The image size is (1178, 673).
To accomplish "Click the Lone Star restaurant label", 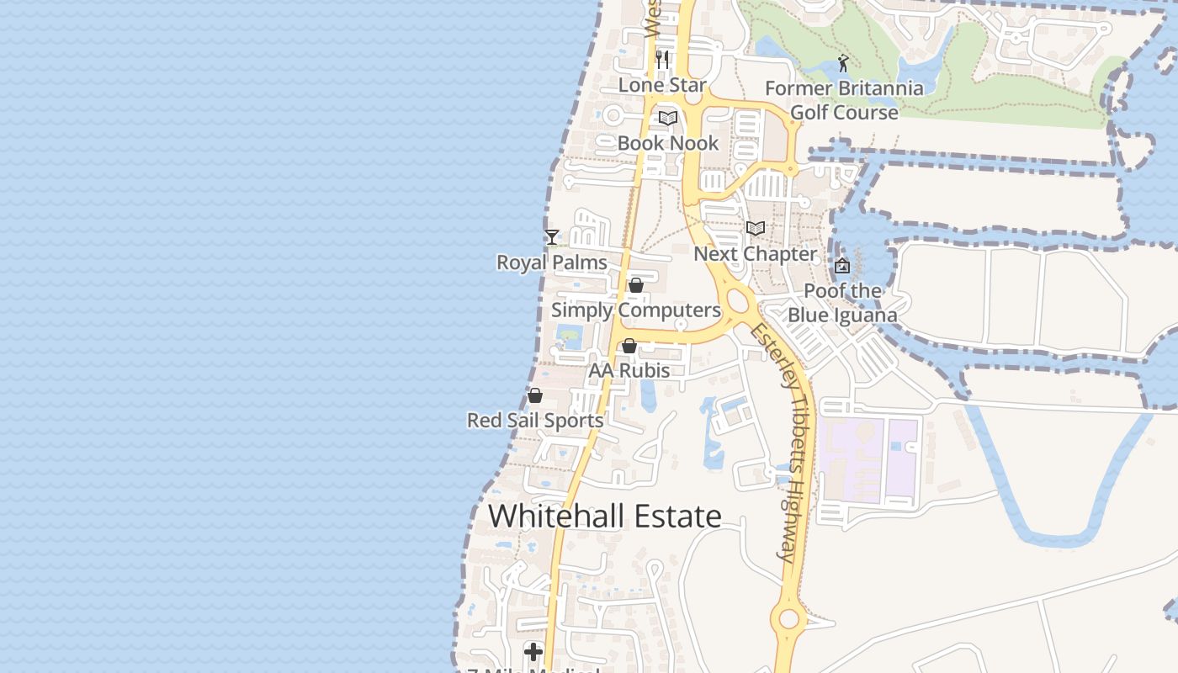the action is click(x=662, y=85).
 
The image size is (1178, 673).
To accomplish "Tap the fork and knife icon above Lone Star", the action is click(x=662, y=59).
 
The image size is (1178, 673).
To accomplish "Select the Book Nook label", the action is click(x=668, y=143).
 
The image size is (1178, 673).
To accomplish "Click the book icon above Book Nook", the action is click(x=668, y=118).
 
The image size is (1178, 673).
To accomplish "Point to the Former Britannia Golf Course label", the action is click(x=844, y=100).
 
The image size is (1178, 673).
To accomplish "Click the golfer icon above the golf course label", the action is click(x=843, y=63).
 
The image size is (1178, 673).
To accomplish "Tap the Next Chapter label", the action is click(x=755, y=254).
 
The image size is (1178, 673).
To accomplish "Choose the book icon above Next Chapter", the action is click(x=756, y=228).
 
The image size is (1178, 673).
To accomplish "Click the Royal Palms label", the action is click(x=552, y=262).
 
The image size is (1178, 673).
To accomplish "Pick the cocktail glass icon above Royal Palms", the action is click(x=552, y=237).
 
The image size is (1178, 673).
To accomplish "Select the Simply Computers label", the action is click(x=636, y=310).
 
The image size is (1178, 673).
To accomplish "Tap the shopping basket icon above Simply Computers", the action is click(x=636, y=285).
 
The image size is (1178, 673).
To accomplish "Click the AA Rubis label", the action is click(x=629, y=371).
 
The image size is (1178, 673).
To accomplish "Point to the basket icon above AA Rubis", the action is click(x=629, y=346).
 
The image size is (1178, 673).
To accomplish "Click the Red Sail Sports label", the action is click(x=535, y=421).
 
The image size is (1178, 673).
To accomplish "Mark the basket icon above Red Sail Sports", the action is click(x=535, y=395).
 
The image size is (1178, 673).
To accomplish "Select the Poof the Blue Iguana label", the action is click(x=842, y=304).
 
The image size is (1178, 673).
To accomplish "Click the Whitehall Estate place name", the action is click(x=605, y=517).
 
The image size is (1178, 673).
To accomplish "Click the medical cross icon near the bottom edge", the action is click(x=533, y=651).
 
